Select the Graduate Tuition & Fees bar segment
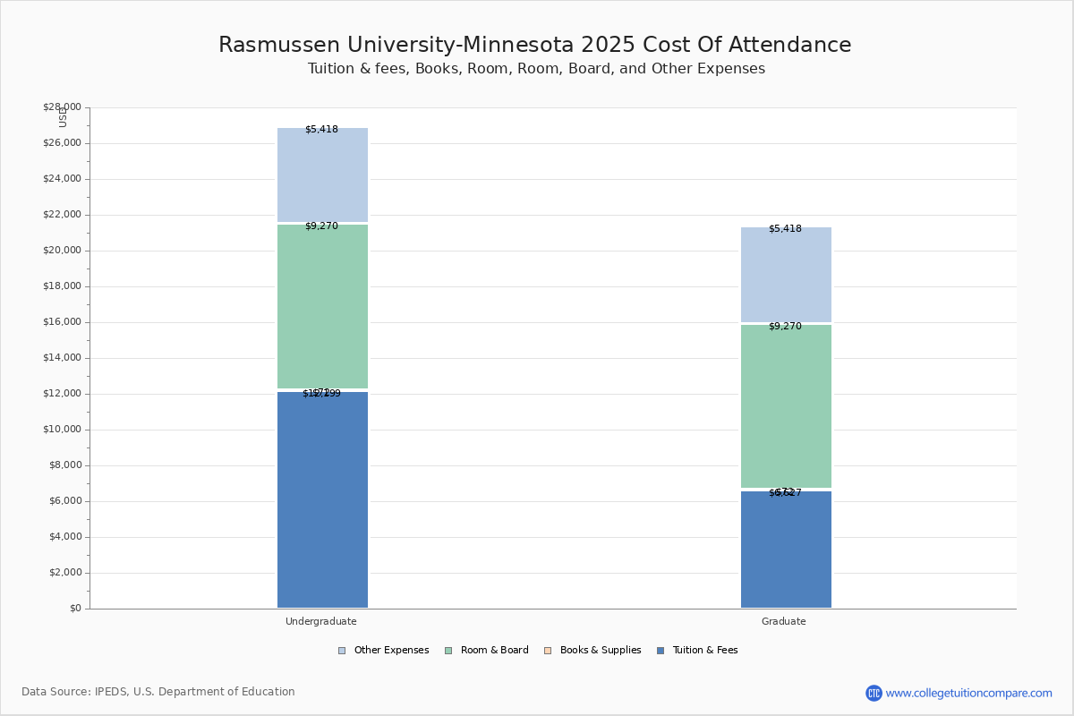tap(786, 550)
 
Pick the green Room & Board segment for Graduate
tap(786, 406)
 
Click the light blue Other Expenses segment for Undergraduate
tap(322, 175)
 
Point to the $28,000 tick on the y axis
tap(62, 107)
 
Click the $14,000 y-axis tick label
tap(62, 358)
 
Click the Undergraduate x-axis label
tap(321, 621)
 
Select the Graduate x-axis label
tap(784, 621)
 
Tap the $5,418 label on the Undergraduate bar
tap(321, 130)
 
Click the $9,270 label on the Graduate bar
tap(785, 327)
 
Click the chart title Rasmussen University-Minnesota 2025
tap(535, 46)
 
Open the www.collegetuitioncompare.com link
tap(968, 693)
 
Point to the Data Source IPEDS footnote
tap(158, 692)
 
